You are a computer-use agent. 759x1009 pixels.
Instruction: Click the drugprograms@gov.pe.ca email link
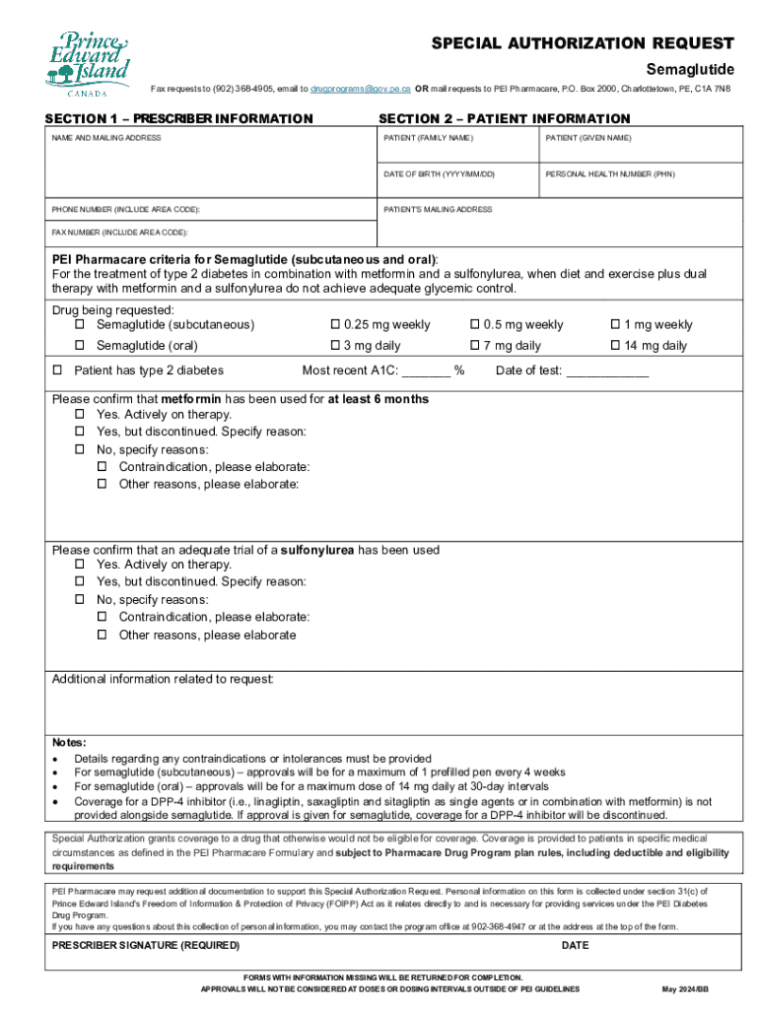[361, 89]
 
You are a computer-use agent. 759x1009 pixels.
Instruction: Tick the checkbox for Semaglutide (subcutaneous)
[81, 325]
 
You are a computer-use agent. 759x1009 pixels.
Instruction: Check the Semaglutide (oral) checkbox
[81, 346]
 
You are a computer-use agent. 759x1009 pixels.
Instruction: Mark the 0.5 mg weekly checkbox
[474, 325]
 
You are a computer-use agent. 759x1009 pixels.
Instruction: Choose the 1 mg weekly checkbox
[616, 325]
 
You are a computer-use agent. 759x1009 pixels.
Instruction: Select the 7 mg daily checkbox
[474, 346]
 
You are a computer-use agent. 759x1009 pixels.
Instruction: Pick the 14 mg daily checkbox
[616, 346]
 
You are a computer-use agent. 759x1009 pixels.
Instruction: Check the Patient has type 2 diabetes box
[57, 370]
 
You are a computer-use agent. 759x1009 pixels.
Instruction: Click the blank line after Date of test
[608, 372]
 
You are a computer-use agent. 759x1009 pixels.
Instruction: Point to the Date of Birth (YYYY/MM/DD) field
[458, 186]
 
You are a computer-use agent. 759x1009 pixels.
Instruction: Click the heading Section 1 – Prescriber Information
[178, 119]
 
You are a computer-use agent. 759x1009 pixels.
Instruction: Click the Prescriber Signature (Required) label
[145, 945]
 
